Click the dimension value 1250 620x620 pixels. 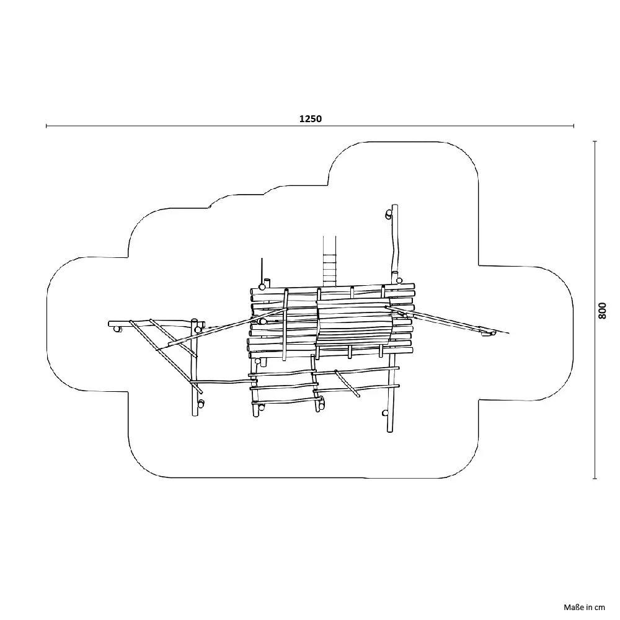click(x=311, y=118)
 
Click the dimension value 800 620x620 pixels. click(x=602, y=311)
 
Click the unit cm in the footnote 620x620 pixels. click(x=599, y=608)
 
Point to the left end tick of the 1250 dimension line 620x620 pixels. click(x=46, y=126)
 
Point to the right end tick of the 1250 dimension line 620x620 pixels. click(x=573, y=126)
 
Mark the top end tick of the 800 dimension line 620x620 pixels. click(x=595, y=141)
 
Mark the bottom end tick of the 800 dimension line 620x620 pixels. click(x=595, y=479)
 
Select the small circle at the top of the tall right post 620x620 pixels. click(x=389, y=215)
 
